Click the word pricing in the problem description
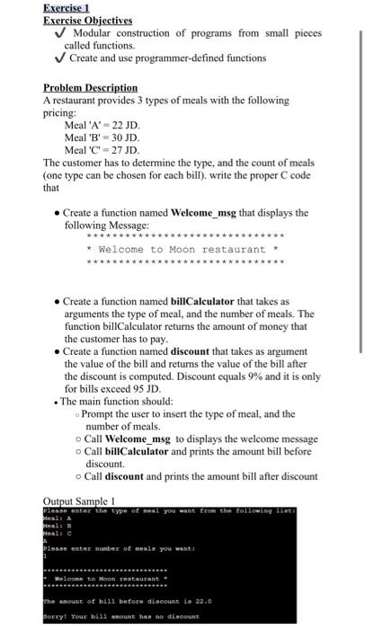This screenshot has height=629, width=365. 62,113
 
